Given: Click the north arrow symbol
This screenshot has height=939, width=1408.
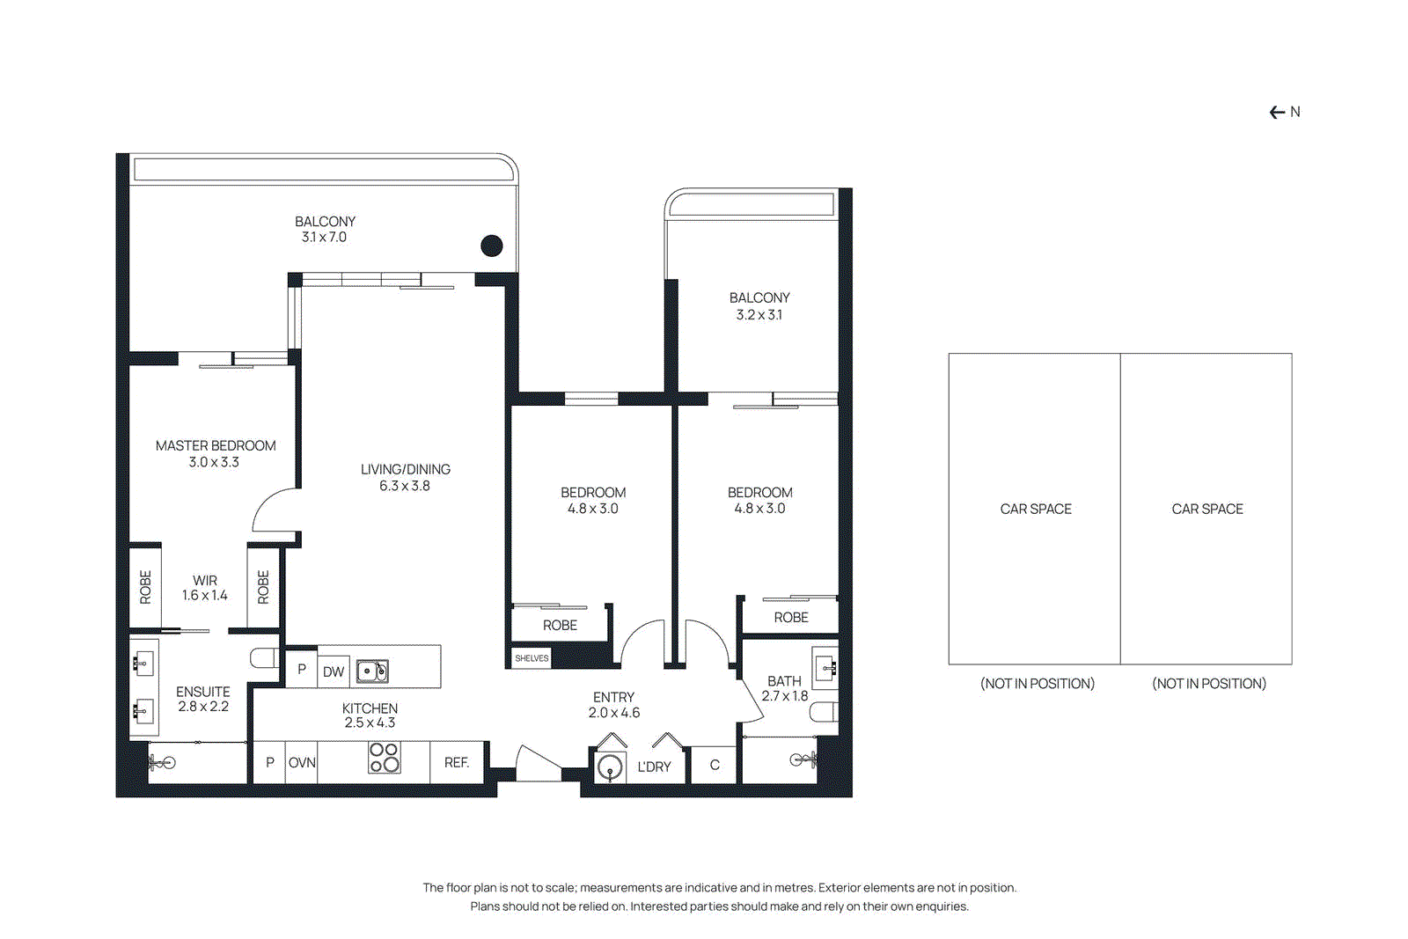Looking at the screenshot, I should tap(1278, 113).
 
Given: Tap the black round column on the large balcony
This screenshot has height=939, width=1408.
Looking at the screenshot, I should tap(492, 246).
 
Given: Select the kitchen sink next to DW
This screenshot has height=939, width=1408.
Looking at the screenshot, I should tap(372, 671).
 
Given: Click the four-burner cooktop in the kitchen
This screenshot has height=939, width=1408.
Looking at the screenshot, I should tap(385, 758).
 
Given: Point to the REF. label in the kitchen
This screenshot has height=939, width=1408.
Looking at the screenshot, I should tap(456, 763).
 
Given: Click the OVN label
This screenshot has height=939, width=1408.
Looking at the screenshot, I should tap(302, 763).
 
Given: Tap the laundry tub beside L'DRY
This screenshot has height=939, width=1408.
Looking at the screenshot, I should tap(610, 768).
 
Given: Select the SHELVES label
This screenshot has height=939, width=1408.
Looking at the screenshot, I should tap(532, 658).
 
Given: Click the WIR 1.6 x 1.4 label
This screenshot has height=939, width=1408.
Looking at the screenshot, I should tap(205, 588).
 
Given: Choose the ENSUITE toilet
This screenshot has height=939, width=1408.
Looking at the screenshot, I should tap(263, 658).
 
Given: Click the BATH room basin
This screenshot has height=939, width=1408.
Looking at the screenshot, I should tap(825, 669).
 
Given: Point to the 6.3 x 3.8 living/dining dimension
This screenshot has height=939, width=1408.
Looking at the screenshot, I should tap(405, 486).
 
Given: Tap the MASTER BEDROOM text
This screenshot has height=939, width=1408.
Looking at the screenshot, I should tap(216, 446).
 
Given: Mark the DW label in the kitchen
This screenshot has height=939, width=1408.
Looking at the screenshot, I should tap(334, 672).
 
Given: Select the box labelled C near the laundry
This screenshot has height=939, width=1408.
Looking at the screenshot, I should tap(715, 765).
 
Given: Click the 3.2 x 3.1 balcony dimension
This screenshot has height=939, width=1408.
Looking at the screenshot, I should tap(759, 315).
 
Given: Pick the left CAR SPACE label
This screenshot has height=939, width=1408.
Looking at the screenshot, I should tap(1036, 510).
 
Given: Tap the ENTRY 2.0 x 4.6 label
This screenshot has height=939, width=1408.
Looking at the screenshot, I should tap(613, 705).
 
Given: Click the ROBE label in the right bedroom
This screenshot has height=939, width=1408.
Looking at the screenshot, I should tap(790, 618).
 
